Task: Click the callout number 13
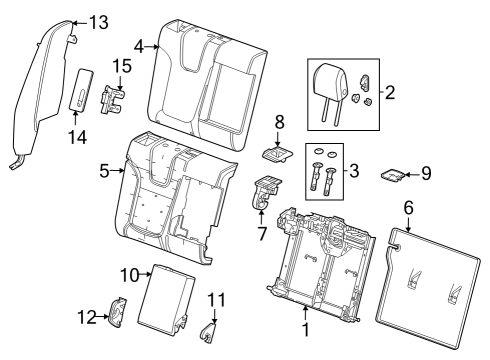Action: [x=99, y=22]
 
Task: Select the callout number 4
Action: [x=140, y=44]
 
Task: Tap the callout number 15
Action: [x=121, y=65]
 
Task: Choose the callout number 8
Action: [x=279, y=121]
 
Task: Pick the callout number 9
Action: [x=426, y=173]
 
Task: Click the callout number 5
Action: [x=104, y=171]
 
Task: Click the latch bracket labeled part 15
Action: [x=116, y=97]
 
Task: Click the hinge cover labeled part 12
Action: [x=116, y=315]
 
